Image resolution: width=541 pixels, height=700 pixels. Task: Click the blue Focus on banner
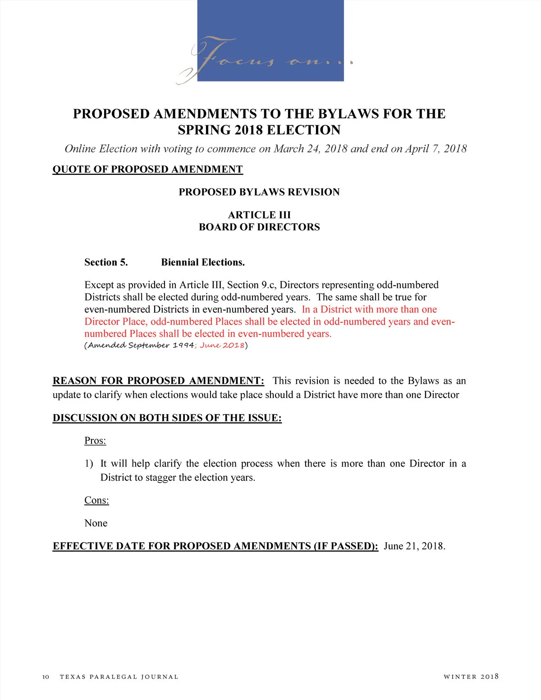[x=270, y=41]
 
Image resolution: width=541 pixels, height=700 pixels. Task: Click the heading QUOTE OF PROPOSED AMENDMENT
[x=147, y=169]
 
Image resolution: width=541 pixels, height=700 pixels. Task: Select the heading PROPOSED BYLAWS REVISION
[x=259, y=192]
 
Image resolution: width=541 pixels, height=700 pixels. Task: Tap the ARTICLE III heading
[x=259, y=215]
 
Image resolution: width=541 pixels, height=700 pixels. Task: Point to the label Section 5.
[x=106, y=262]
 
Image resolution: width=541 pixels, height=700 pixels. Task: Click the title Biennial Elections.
[x=203, y=262]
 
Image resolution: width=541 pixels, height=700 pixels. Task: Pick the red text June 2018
[x=222, y=345]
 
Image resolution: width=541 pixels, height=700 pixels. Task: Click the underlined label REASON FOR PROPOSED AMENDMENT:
[x=158, y=381]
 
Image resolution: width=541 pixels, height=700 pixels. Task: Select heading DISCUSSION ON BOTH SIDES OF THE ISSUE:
[x=167, y=418]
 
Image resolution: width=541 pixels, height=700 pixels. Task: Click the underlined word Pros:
[x=95, y=440]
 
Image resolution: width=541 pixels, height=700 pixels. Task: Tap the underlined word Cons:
[x=96, y=500]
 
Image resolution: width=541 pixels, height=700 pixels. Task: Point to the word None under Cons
[x=96, y=523]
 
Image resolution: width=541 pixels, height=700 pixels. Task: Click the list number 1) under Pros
[x=89, y=464]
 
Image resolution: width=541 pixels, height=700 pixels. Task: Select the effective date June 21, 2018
[x=414, y=546]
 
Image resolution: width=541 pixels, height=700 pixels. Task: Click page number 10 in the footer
[x=46, y=677]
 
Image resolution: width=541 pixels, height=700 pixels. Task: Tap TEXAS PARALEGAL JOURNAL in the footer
[x=119, y=677]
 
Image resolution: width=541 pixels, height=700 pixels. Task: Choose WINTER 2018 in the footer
[x=471, y=677]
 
